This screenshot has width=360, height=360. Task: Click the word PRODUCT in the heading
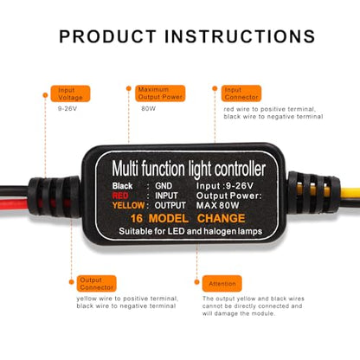[x=107, y=36]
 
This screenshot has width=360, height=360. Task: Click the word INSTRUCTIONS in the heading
[x=240, y=36]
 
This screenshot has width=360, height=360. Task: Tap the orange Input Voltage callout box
[x=70, y=93]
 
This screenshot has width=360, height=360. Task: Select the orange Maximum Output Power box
[x=160, y=93]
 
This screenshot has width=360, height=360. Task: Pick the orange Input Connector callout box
[x=241, y=93]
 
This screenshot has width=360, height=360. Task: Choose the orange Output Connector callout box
[x=96, y=284]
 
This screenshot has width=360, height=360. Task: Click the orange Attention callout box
[x=222, y=284]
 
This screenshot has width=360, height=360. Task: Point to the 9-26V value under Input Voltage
[x=67, y=109]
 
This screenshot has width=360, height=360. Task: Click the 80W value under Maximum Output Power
[x=148, y=109]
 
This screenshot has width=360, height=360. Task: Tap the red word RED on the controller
[x=120, y=196]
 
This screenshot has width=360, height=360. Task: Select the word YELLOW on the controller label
[x=128, y=205]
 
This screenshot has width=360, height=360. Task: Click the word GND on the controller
[x=164, y=186]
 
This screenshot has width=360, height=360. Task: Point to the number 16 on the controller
[x=137, y=218]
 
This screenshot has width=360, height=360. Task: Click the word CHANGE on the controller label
[x=222, y=218]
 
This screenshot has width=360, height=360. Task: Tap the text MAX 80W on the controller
[x=218, y=205]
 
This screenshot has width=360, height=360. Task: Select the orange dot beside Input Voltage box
[x=45, y=95]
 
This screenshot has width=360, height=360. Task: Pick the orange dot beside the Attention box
[x=197, y=282]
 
